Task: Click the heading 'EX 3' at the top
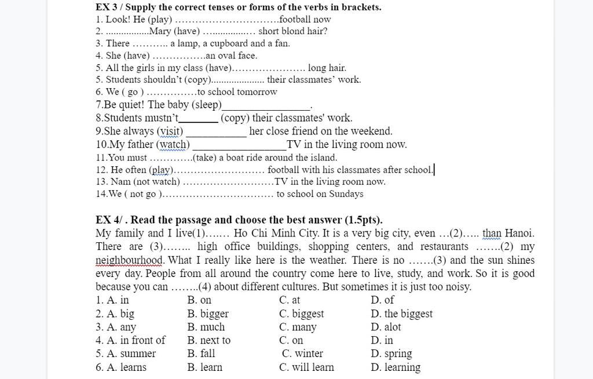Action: [x=108, y=8]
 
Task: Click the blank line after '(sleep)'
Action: [x=266, y=105]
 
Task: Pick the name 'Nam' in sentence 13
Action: [x=120, y=181]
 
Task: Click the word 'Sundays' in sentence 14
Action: [x=346, y=194]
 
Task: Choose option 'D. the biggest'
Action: [x=401, y=314]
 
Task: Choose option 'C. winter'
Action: [x=302, y=354]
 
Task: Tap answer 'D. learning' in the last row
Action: [x=396, y=367]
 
